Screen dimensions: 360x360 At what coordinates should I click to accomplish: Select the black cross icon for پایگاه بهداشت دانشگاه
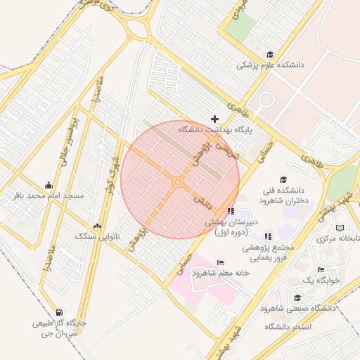tap(214, 119)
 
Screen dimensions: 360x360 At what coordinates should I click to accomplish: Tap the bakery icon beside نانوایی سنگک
tap(97, 226)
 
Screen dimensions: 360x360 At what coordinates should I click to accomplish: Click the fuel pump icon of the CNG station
tap(58, 313)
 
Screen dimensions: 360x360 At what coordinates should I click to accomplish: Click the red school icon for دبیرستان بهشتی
tap(231, 211)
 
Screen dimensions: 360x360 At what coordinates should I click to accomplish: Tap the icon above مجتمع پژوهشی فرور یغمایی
tap(267, 236)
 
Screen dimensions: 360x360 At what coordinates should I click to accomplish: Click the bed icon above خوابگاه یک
tap(321, 270)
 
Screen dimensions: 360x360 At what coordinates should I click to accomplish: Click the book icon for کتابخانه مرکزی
tap(340, 228)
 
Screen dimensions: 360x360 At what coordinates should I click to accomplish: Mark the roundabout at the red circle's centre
tap(178, 182)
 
